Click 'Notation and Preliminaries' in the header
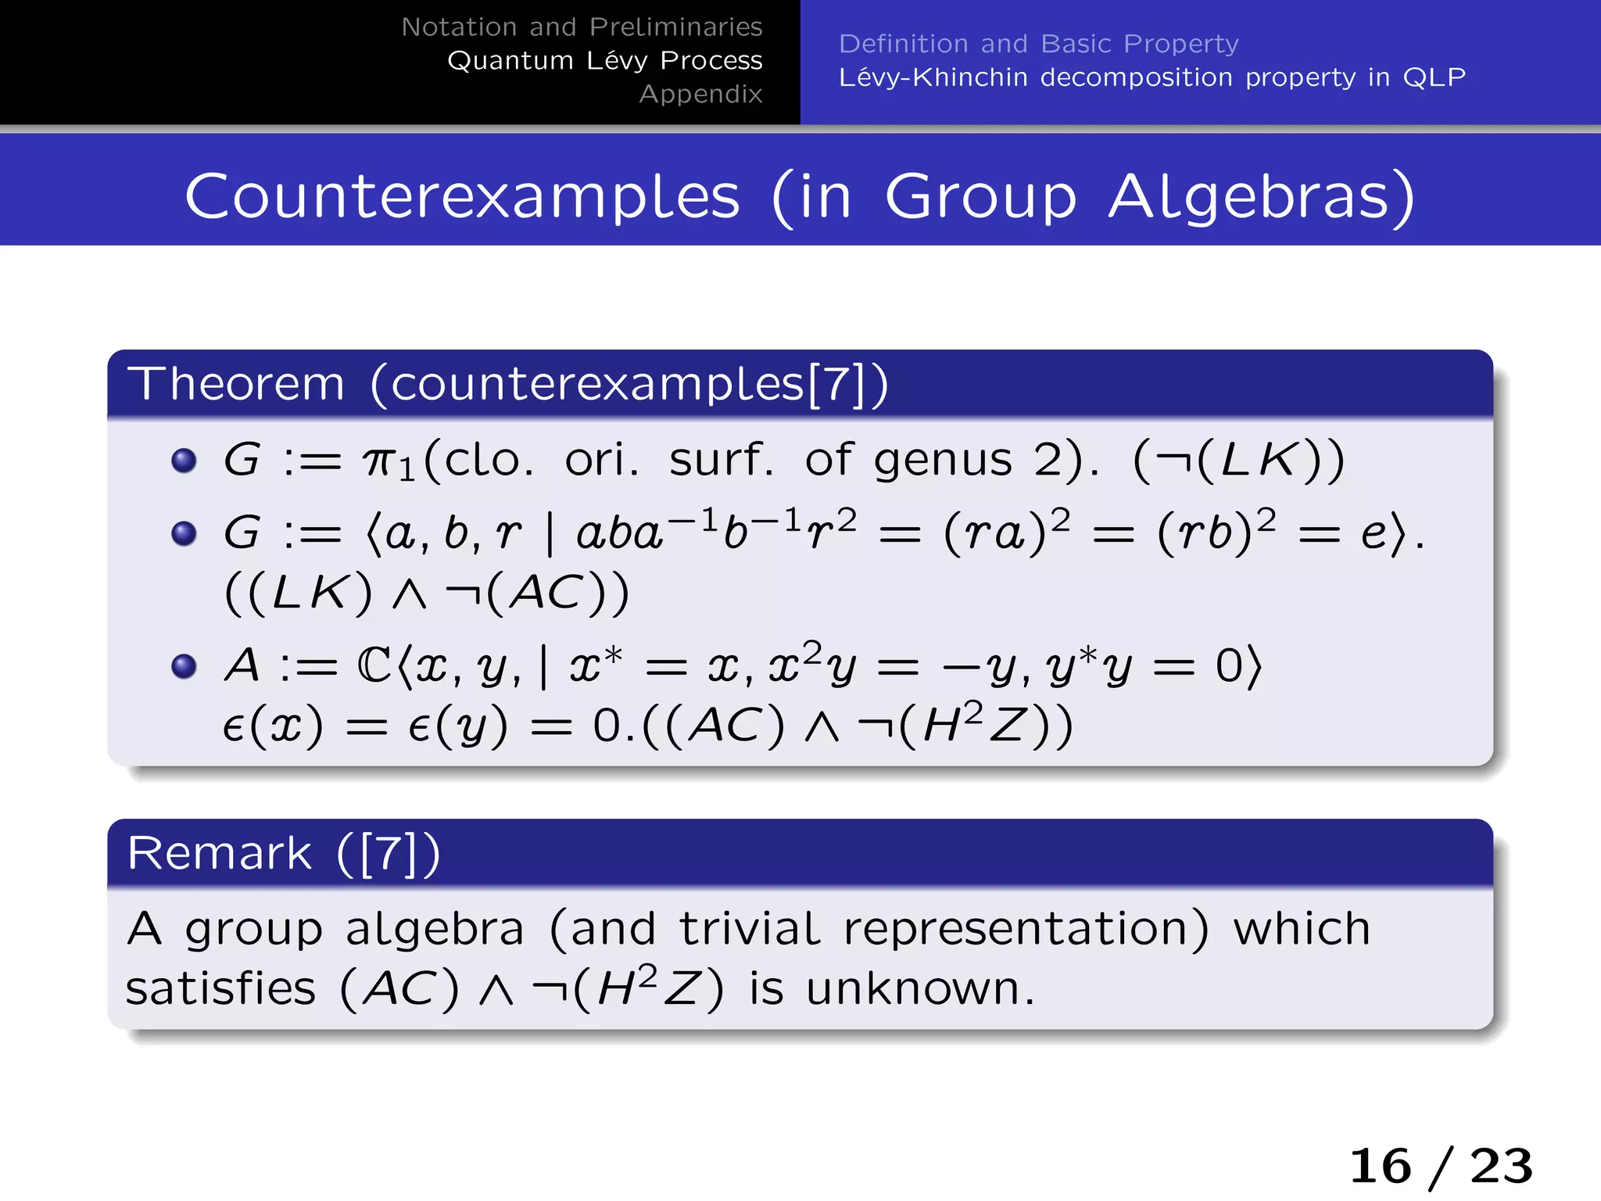[x=582, y=27]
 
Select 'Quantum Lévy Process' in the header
[x=604, y=61]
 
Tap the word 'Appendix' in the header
[x=700, y=95]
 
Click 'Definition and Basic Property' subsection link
[x=1038, y=44]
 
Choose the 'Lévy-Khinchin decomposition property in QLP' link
[x=1152, y=77]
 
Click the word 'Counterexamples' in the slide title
[x=462, y=196]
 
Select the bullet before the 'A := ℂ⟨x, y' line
[x=184, y=666]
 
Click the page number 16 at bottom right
[x=1381, y=1166]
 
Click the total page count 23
[x=1501, y=1166]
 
